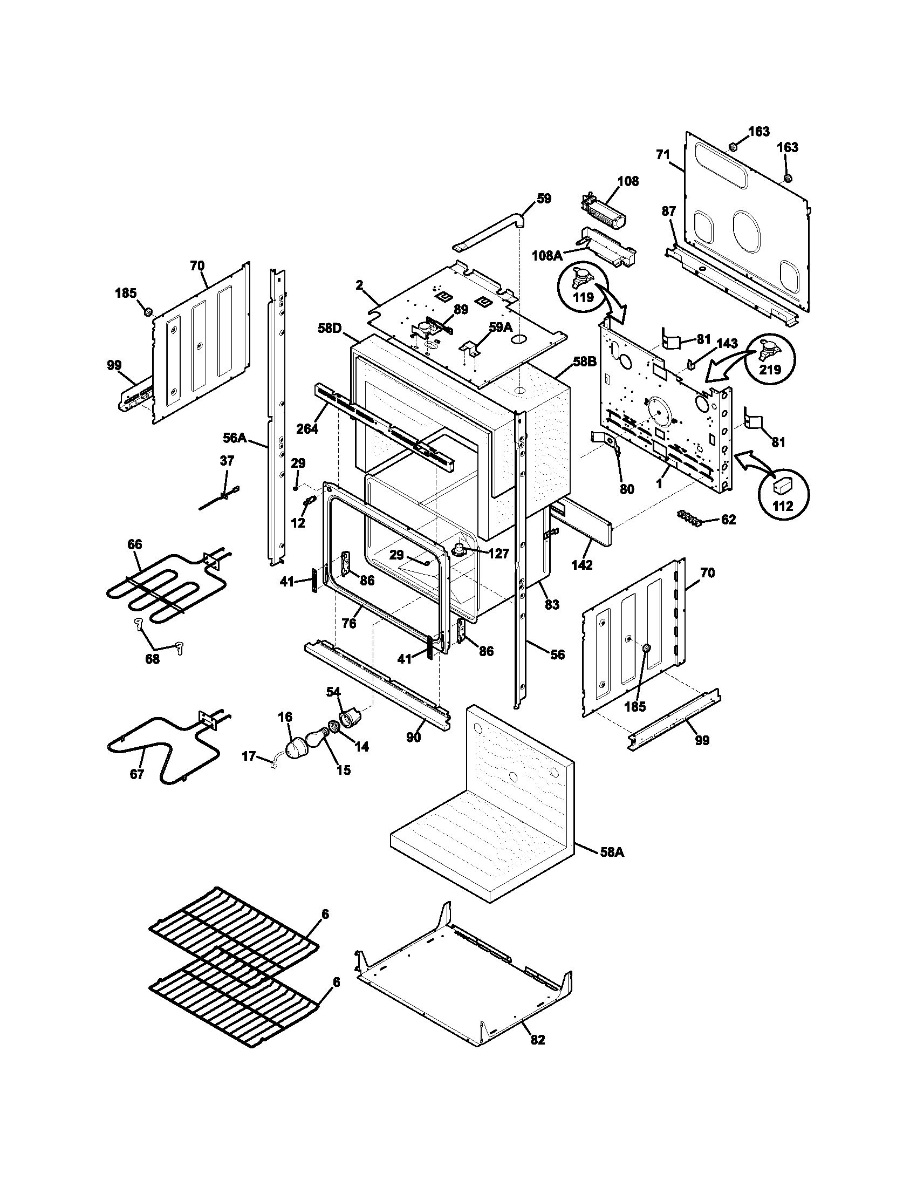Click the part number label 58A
[612, 852]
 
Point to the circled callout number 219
[770, 370]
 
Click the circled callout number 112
[783, 506]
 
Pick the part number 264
[307, 428]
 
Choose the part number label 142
[582, 565]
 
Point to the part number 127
[498, 553]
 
